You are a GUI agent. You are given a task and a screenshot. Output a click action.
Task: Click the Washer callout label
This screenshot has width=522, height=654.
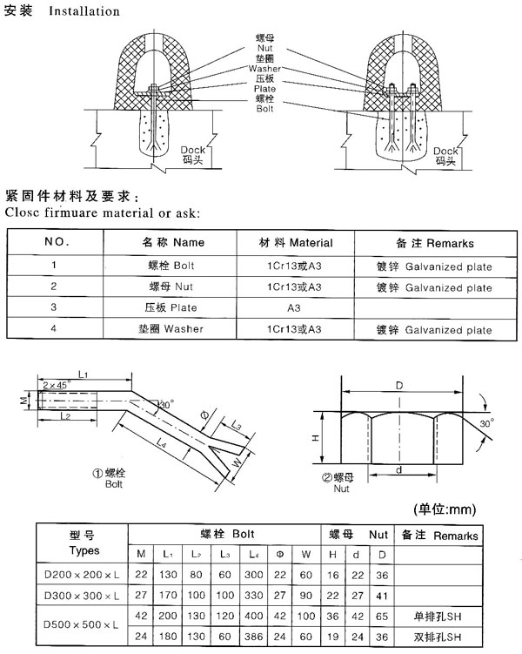coord(264,68)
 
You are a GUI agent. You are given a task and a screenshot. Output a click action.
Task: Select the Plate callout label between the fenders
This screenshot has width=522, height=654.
coord(264,89)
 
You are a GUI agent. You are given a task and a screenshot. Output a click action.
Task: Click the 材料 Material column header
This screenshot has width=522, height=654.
coord(297,242)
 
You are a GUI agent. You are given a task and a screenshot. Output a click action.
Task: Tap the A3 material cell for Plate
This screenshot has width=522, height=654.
coord(297,307)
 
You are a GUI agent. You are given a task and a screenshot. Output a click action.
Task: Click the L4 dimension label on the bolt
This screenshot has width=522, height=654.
coord(161,444)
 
